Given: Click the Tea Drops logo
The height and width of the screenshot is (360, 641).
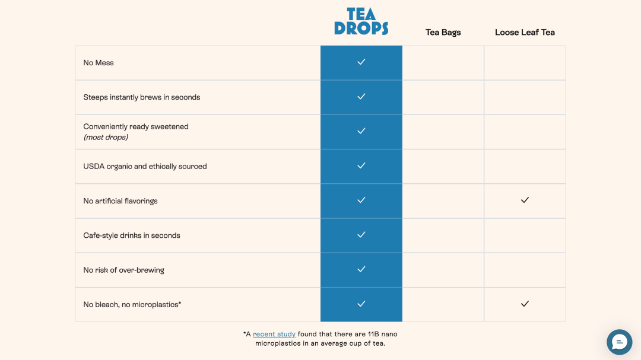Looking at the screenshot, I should pos(361,21).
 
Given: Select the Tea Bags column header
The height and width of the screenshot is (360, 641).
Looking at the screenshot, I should pos(443,32).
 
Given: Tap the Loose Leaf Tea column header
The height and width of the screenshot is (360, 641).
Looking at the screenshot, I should pos(525,32).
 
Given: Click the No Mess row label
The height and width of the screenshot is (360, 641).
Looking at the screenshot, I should pos(99,63).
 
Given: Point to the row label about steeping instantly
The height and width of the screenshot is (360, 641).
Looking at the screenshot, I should pos(142,97).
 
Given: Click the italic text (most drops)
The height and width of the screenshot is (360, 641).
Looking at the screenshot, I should pos(106,138).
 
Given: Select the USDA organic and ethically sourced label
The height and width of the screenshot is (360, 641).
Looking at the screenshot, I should pos(145,167).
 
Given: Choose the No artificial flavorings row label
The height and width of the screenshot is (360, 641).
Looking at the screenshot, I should pos(120,201).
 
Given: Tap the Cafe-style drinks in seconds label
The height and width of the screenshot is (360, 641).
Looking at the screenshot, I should pos(132,235).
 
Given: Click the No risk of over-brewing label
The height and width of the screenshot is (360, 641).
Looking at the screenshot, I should pos(123,270).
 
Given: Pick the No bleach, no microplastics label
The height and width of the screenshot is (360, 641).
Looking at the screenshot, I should pos(132,305).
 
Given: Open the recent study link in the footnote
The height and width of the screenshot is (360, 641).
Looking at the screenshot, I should pos(274,334).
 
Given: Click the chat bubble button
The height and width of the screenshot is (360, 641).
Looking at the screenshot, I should pos(619,342).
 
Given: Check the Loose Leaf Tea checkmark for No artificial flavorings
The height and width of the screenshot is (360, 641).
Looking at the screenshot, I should pos(525,200).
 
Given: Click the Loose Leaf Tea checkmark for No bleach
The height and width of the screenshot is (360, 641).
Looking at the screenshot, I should pos(525,304).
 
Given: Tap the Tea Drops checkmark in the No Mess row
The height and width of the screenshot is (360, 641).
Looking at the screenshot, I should pos(361,62).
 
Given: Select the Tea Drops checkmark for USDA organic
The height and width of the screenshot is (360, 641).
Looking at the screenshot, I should pos(361,166).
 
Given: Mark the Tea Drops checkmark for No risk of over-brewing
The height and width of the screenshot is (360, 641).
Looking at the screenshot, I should pos(361,269).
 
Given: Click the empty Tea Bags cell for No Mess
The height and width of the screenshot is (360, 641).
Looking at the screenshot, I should pos(443,63).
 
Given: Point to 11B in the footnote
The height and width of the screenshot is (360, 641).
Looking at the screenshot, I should pos(373,334).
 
